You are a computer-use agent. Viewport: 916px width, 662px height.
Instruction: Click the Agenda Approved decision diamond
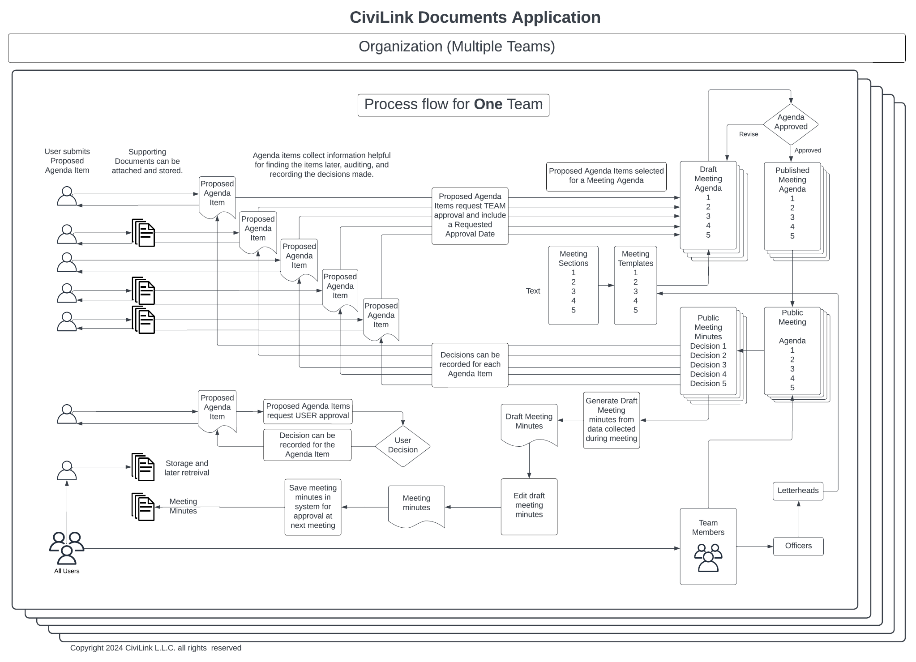791,124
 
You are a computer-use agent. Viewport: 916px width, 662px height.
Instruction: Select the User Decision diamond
402,446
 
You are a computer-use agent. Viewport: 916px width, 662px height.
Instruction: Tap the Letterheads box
798,491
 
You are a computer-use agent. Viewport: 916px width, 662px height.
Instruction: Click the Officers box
798,546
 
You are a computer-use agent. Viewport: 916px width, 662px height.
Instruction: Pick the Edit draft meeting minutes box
529,507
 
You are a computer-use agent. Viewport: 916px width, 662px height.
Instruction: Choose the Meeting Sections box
573,285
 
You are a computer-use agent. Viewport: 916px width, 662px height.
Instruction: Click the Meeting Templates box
635,285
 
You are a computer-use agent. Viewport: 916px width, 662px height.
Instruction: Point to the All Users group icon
67,548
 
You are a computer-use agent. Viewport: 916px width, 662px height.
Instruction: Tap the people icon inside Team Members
708,558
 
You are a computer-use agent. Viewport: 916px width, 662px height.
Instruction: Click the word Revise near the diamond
749,134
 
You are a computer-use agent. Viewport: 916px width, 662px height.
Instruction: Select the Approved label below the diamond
808,150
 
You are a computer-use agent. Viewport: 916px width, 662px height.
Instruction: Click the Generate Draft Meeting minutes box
612,420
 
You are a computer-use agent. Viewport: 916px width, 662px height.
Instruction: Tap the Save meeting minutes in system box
313,507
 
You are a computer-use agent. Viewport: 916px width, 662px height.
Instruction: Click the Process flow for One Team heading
454,105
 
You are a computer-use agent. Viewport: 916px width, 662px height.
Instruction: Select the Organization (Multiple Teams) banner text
457,47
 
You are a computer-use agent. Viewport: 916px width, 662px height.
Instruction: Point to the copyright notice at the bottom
156,648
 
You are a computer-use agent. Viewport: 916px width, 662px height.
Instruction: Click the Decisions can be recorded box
470,365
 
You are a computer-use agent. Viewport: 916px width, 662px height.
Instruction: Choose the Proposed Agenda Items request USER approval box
308,411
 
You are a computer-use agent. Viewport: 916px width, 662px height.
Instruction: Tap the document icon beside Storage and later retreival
143,467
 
